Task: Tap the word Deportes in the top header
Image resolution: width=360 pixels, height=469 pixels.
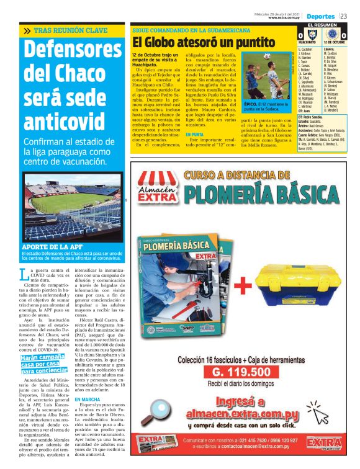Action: pyautogui.click(x=321, y=16)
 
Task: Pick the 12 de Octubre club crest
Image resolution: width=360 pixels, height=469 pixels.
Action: pyautogui.click(x=335, y=35)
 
